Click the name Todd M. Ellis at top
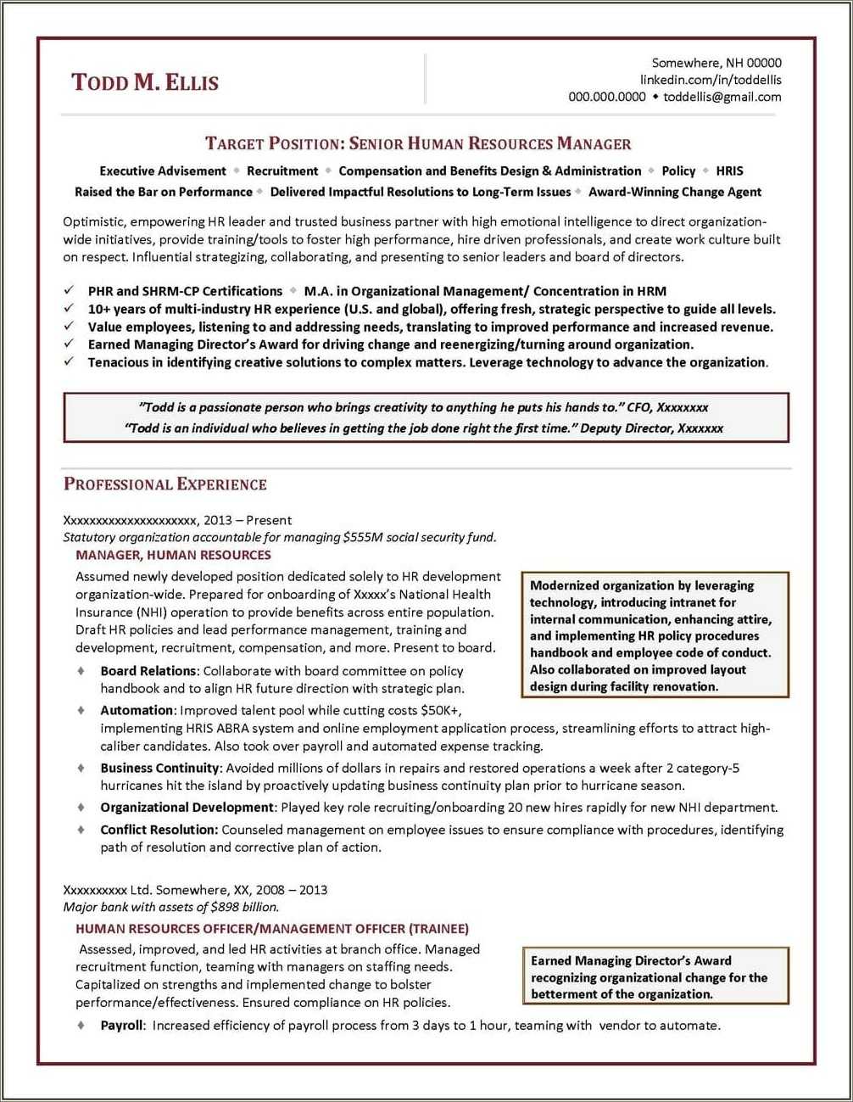tap(145, 82)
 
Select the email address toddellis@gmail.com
tap(722, 97)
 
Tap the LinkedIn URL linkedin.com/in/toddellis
tap(710, 80)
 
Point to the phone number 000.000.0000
tap(606, 97)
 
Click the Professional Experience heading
tap(165, 484)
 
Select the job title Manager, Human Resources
tap(173, 555)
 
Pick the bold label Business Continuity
tap(159, 768)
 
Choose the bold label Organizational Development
tap(187, 808)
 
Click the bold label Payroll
tap(122, 1026)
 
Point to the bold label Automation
tap(137, 710)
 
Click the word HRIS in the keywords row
tap(729, 171)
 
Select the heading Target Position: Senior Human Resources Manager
tap(418, 143)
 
